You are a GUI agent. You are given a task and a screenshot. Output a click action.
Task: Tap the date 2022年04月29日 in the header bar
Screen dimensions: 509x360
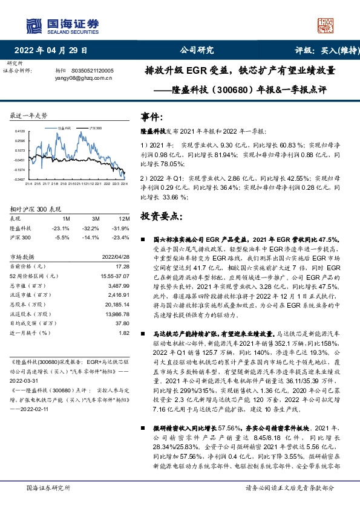click(50, 50)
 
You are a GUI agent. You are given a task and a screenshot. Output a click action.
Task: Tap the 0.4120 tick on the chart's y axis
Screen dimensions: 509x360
click(19, 131)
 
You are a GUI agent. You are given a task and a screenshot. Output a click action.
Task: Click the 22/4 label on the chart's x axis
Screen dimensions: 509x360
click(124, 184)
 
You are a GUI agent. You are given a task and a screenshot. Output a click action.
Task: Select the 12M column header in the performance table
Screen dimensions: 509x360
click(125, 218)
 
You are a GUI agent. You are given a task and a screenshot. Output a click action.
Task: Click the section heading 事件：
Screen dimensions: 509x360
click(151, 116)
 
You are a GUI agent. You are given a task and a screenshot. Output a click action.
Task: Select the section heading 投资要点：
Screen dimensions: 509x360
click(160, 216)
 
